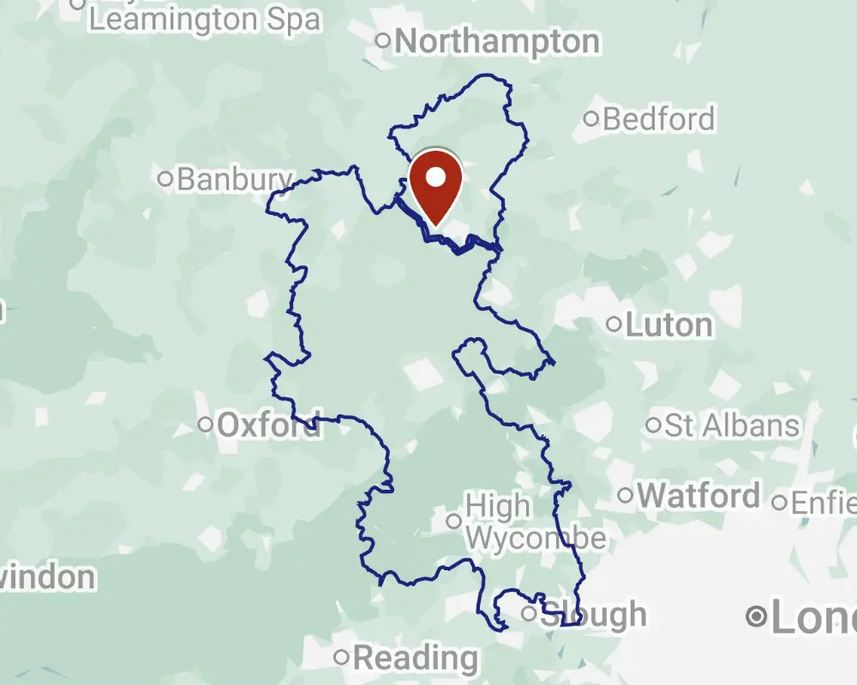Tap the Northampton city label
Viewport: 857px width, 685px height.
tap(497, 41)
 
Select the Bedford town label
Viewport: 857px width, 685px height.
tap(658, 119)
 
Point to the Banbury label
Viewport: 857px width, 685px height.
tap(235, 179)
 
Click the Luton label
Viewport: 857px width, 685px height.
tap(668, 325)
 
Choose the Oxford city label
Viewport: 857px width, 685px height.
tap(269, 424)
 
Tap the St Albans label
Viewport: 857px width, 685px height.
tap(732, 425)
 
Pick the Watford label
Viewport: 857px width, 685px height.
tap(698, 495)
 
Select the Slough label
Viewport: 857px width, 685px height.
tap(595, 614)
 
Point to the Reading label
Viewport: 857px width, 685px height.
tap(416, 658)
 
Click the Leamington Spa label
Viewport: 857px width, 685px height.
tap(205, 19)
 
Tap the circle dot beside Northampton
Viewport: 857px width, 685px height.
tap(383, 40)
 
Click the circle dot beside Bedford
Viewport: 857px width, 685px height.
tap(591, 119)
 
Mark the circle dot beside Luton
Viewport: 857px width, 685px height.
tap(614, 325)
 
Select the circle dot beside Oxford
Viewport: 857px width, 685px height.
tap(206, 424)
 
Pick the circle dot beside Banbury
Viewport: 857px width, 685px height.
tap(166, 179)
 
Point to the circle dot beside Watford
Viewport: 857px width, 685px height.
tap(626, 495)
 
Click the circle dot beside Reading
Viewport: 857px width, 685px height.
tap(342, 658)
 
